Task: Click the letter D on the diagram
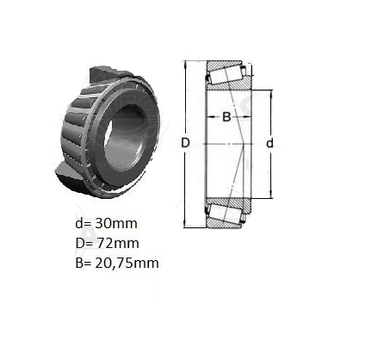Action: (186, 143)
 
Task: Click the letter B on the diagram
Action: (226, 117)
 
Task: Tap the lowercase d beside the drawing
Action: (269, 143)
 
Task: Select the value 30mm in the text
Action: (116, 223)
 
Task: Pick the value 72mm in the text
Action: (117, 243)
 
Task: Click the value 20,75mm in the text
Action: (127, 263)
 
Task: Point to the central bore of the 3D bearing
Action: (126, 139)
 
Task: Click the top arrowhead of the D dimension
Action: (185, 65)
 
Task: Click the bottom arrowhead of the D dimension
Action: (185, 224)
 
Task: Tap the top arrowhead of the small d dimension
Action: (271, 94)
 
